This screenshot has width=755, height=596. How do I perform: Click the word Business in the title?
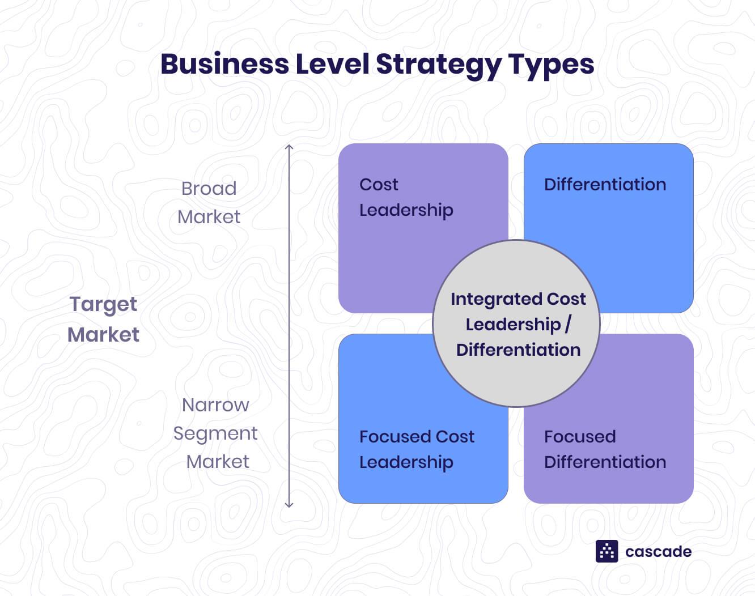click(x=225, y=64)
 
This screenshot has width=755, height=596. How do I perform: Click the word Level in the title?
click(x=333, y=64)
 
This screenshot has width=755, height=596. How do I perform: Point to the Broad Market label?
click(x=209, y=202)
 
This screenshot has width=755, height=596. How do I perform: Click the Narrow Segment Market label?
click(x=215, y=433)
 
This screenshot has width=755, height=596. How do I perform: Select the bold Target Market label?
click(x=103, y=319)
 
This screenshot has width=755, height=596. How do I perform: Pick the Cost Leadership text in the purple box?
click(x=406, y=198)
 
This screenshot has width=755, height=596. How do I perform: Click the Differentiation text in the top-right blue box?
click(x=605, y=185)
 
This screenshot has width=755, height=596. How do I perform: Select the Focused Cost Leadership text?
click(x=417, y=450)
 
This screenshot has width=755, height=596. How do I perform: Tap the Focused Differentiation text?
click(x=605, y=449)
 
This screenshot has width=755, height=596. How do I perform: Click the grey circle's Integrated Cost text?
click(x=518, y=299)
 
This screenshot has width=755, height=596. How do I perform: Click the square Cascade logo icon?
click(x=606, y=551)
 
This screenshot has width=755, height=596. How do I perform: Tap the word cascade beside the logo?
click(x=658, y=552)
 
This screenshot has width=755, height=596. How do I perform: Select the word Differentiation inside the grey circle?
click(x=519, y=350)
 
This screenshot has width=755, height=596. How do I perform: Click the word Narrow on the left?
click(x=215, y=405)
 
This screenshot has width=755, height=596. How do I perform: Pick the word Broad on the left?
click(x=209, y=189)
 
